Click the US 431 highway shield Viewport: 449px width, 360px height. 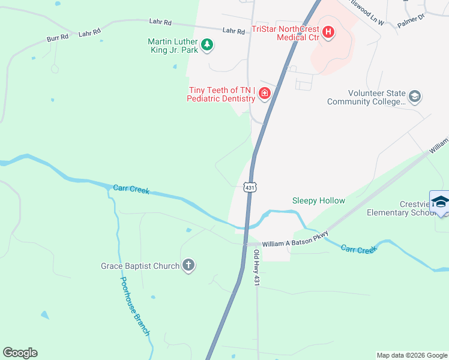(x=250, y=188)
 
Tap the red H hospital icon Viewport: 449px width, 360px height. (x=328, y=32)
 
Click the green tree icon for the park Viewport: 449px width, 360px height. (x=207, y=44)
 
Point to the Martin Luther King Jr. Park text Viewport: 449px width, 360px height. (x=173, y=46)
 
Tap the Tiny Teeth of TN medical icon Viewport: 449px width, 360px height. (x=264, y=94)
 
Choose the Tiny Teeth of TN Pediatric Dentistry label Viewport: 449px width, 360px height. (x=221, y=94)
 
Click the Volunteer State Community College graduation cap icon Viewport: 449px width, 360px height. (x=414, y=96)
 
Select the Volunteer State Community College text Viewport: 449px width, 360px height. (x=366, y=98)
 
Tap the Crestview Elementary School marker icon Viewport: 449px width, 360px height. (x=440, y=202)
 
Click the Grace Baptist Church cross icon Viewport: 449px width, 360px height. (x=188, y=265)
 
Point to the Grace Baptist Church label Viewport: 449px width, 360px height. (x=140, y=266)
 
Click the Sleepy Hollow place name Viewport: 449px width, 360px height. (x=319, y=200)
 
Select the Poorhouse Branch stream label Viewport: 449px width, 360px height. (x=134, y=306)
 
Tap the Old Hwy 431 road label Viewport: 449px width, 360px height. (x=256, y=267)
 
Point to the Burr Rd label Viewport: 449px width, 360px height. (x=58, y=38)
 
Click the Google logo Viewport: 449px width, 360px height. (x=20, y=352)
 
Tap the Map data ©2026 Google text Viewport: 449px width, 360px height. (x=411, y=355)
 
